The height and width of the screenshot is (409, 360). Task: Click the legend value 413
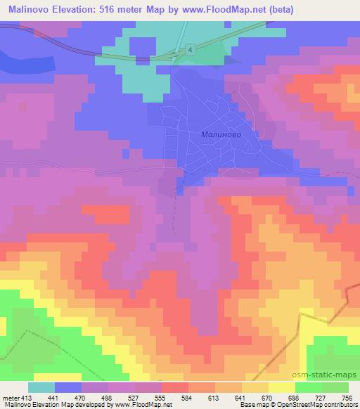point(26,397)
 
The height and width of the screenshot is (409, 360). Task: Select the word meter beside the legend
point(9,397)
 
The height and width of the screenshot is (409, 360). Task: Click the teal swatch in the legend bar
point(41,387)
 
